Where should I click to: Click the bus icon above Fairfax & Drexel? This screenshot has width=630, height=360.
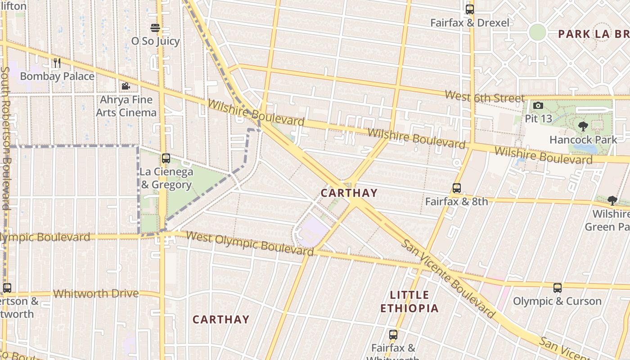(470, 9)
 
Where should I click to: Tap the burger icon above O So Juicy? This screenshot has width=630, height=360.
(155, 28)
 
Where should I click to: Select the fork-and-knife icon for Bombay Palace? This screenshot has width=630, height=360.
(57, 63)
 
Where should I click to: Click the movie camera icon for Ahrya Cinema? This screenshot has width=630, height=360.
(126, 86)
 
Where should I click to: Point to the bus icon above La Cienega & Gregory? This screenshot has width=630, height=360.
(166, 158)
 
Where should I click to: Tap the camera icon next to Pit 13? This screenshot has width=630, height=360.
(538, 106)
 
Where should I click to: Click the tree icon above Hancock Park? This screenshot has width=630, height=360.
(583, 126)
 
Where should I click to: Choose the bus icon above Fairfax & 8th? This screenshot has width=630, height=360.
(457, 188)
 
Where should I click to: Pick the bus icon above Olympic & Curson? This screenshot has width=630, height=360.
(558, 288)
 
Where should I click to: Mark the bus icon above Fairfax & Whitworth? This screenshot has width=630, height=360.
(393, 334)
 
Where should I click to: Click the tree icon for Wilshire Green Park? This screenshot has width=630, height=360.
(612, 200)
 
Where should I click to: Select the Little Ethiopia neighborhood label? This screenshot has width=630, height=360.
(409, 301)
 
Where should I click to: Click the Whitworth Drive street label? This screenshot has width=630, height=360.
(96, 294)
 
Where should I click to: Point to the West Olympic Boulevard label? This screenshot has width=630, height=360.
(249, 243)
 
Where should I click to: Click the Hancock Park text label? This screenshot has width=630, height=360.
(583, 140)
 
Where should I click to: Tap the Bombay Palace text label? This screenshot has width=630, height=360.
(57, 76)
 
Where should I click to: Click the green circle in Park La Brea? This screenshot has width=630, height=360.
(537, 32)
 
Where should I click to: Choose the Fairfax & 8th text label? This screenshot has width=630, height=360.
(456, 202)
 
